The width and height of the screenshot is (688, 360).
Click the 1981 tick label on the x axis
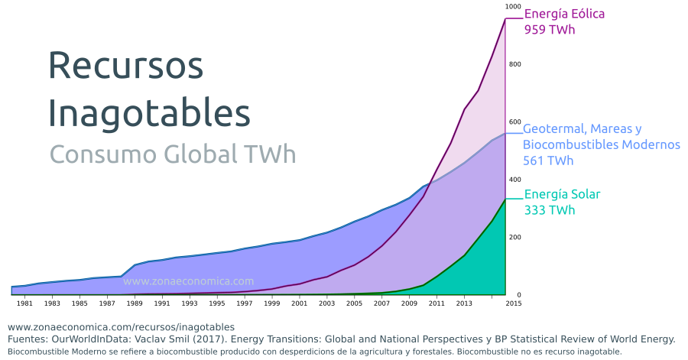[x=25, y=303]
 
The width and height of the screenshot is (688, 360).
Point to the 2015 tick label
[x=513, y=303]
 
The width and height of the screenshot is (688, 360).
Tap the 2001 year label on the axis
[x=300, y=303]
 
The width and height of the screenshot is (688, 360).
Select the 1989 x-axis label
[x=135, y=303]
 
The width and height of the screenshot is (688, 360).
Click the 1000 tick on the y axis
[x=513, y=6]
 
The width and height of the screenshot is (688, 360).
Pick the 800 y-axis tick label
[x=515, y=64]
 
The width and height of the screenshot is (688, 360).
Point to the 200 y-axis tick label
[x=515, y=238]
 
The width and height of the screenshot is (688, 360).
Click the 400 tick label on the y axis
[x=515, y=180]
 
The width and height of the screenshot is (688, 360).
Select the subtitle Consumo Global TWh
[x=172, y=154]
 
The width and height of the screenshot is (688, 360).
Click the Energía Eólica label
[x=564, y=14]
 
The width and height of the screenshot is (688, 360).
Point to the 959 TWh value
[x=549, y=30]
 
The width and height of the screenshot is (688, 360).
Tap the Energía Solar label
[x=561, y=194]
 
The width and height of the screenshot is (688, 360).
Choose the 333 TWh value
[x=549, y=210]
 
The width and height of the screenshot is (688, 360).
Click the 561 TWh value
[x=548, y=161]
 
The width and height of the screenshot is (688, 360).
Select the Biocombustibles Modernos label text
[x=601, y=144]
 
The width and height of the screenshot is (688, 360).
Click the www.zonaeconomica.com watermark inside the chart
[x=188, y=281]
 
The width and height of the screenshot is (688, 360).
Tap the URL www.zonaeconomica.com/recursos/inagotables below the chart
[x=121, y=326]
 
